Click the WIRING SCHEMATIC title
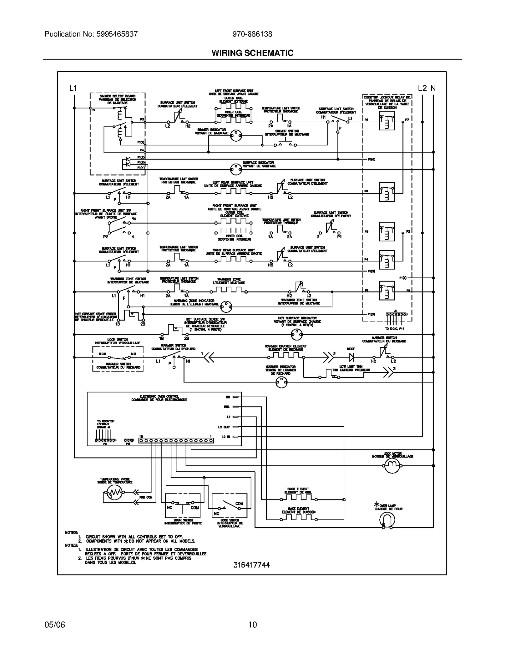(x=252, y=53)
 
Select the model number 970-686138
(x=252, y=34)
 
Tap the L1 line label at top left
(x=73, y=88)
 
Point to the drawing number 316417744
(x=252, y=565)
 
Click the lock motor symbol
(x=392, y=466)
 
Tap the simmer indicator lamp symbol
(x=236, y=136)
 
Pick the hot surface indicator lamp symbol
(x=296, y=335)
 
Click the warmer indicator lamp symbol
(x=282, y=382)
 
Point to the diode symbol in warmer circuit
(x=351, y=357)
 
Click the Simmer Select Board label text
(x=117, y=99)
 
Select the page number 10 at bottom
(x=252, y=625)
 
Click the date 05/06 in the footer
(x=55, y=625)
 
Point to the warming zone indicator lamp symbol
(x=226, y=306)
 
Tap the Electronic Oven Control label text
(x=159, y=398)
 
